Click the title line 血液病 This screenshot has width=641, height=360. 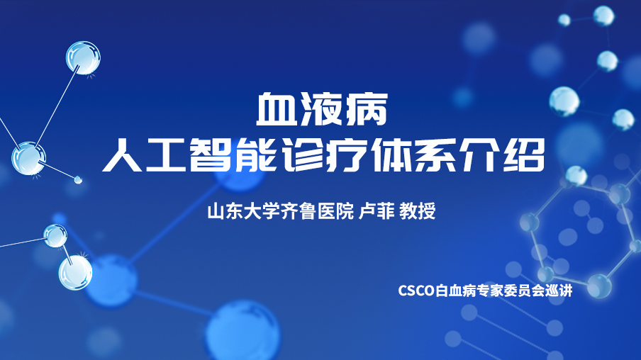coord(322,110)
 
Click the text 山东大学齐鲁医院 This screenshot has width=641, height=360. coord(281,211)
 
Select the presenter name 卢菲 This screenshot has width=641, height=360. coord(376,211)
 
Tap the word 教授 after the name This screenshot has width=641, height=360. coord(418,211)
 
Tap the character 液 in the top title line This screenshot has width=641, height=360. coord(322,110)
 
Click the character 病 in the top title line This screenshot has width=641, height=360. coord(367,110)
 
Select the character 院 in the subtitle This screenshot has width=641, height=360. coord(345,211)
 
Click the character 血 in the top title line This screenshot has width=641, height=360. coord(277,110)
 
